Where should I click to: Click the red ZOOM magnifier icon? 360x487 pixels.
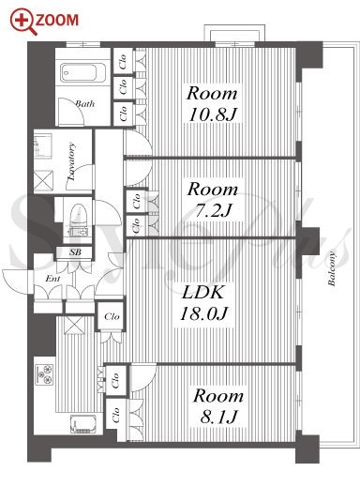coord(23,22)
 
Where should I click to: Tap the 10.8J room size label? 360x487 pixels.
coord(213,114)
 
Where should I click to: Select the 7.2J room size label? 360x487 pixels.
coord(213,211)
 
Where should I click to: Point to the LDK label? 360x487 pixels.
coord(203,292)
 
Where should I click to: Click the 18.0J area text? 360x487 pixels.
coord(203,313)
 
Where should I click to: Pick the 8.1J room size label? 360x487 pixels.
coord(219,417)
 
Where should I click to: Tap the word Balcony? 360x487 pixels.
coord(332,269)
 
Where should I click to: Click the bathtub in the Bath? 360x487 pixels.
coord(83,73)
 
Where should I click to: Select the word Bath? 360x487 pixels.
coord(85,103)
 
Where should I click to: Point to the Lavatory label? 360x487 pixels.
coord(72,161)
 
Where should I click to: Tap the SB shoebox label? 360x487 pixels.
coord(75,252)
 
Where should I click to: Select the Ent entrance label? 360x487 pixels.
coord(52,278)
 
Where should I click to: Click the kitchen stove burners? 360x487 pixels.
coord(44,374)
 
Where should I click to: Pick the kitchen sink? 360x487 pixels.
coord(83,424)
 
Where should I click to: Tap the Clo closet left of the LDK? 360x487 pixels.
coord(112,316)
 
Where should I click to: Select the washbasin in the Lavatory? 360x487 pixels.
coord(43,145)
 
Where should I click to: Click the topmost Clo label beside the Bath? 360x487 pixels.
coord(123,62)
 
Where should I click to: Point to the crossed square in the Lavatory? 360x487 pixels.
coord(43,180)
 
